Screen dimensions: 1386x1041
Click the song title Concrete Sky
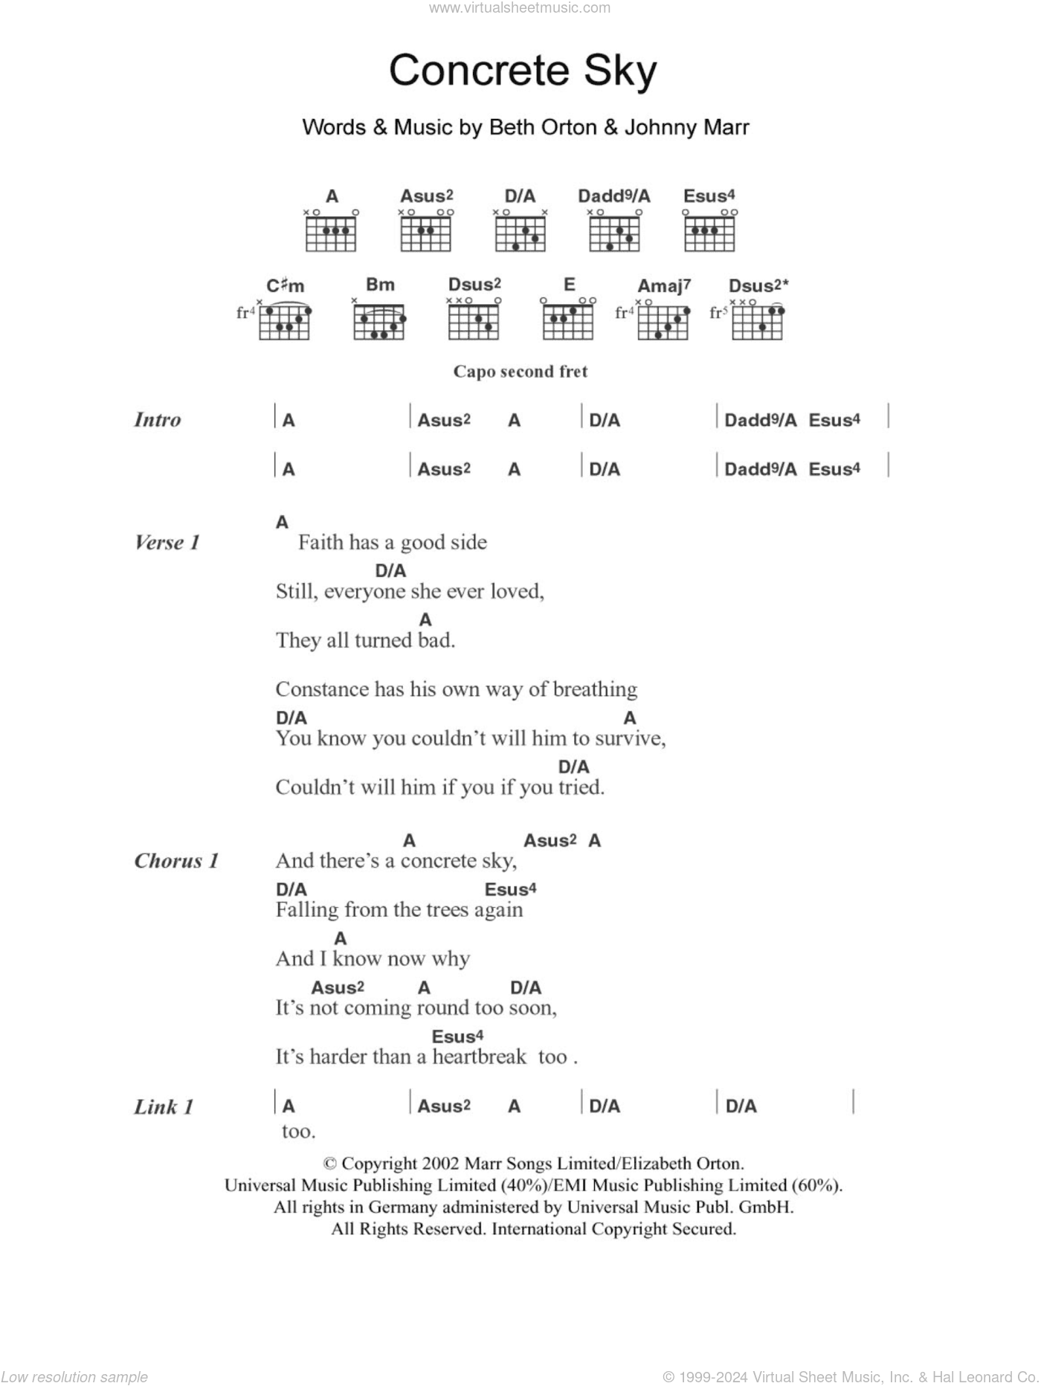[523, 71]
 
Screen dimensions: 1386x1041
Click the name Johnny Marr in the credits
[686, 127]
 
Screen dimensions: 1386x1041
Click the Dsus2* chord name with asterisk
[758, 286]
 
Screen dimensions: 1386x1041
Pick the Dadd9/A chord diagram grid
[614, 232]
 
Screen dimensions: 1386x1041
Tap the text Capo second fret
[520, 372]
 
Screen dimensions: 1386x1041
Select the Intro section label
[158, 420]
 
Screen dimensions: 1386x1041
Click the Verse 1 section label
[167, 543]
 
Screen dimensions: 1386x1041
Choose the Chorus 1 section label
[176, 861]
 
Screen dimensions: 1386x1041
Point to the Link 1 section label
[164, 1107]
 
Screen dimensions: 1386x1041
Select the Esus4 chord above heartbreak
[457, 1037]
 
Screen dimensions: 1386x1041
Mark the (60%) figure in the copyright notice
[816, 1185]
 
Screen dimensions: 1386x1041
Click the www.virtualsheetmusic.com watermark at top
[520, 8]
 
